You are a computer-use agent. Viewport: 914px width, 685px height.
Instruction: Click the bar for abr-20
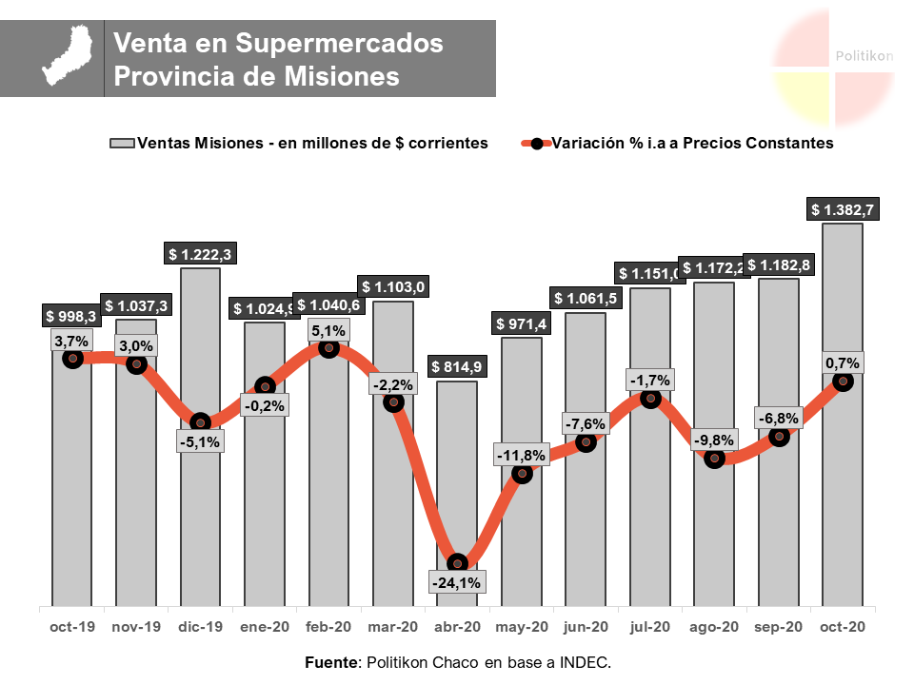pyautogui.click(x=457, y=476)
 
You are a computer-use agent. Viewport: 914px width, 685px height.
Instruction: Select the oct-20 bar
pyautogui.click(x=843, y=495)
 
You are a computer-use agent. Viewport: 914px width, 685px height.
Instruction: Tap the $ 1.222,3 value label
pyautogui.click(x=200, y=254)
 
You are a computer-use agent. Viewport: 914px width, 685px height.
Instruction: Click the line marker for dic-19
pyautogui.click(x=200, y=422)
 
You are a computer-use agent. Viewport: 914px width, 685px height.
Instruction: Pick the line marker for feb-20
pyautogui.click(x=329, y=348)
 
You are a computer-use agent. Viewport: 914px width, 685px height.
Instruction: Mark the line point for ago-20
pyautogui.click(x=715, y=459)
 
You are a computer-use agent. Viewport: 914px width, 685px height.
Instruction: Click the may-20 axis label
pyautogui.click(x=522, y=627)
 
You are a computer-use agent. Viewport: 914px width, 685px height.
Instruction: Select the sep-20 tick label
pyautogui.click(x=778, y=627)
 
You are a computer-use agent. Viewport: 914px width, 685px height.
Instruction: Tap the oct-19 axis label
pyautogui.click(x=71, y=627)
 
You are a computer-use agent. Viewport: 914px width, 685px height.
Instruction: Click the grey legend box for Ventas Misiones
pyautogui.click(x=122, y=143)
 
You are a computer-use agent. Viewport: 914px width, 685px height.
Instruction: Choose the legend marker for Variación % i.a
pyautogui.click(x=537, y=144)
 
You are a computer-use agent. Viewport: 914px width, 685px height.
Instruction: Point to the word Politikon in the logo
pyautogui.click(x=864, y=56)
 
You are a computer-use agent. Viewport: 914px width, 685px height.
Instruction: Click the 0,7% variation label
pyautogui.click(x=843, y=362)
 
